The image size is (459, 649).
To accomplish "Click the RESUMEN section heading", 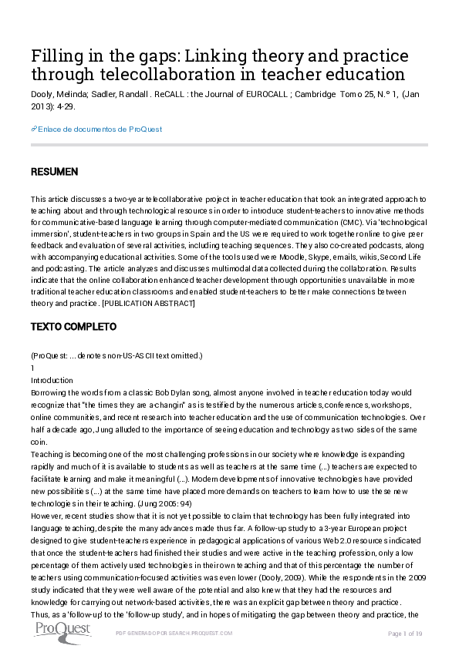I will [x=54, y=170].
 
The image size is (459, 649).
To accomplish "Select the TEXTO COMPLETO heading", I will [x=73, y=327].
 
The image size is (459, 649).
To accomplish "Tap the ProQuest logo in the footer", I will [x=62, y=631].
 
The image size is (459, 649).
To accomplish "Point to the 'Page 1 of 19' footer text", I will [x=406, y=633].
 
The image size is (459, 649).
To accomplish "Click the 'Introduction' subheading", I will [x=52, y=380].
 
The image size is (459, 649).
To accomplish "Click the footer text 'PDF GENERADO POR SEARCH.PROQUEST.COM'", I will [x=173, y=633].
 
